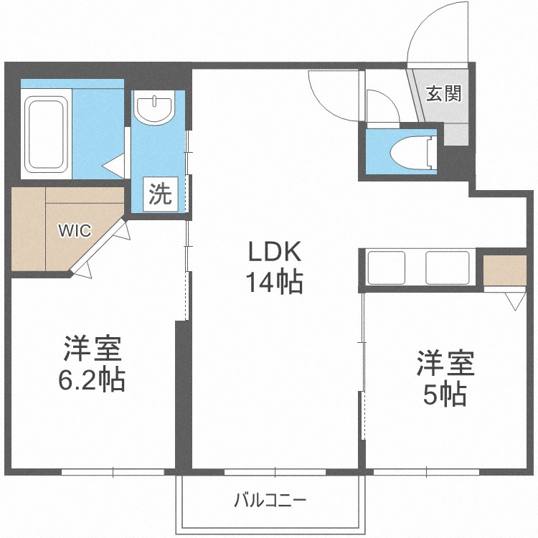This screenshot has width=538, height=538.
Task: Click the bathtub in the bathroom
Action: click(47, 134)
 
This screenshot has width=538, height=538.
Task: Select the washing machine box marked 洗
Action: click(161, 194)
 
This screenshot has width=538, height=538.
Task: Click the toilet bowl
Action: click(414, 152)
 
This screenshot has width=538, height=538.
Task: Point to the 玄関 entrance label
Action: click(443, 93)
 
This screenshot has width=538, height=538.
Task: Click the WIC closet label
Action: click(75, 230)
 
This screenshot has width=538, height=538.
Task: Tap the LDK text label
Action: click(275, 251)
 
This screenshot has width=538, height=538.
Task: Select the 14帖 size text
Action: click(275, 282)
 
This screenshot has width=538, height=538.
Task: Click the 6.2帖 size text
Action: click(91, 380)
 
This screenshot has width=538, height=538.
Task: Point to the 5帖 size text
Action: click(445, 395)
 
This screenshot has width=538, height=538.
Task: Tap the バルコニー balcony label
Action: click(270, 501)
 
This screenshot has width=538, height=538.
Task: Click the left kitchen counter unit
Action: click(386, 268)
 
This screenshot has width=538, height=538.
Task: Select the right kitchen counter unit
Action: click(448, 268)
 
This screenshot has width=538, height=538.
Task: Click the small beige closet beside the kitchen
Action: click(505, 270)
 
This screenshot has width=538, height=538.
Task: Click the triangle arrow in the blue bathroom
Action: click(113, 166)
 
